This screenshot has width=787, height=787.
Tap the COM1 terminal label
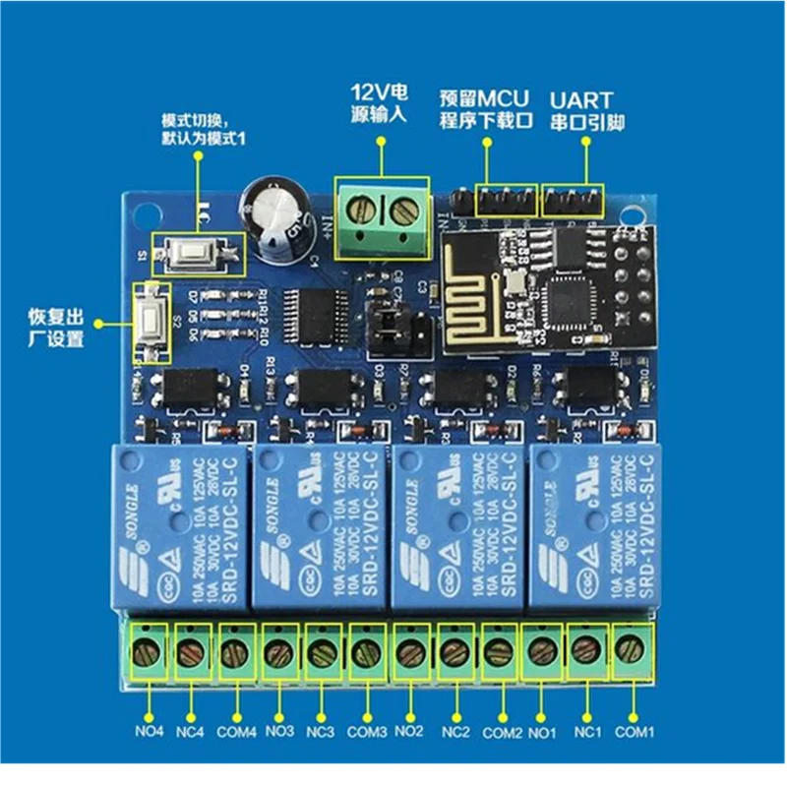point(635,732)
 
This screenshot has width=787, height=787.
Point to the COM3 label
point(367,732)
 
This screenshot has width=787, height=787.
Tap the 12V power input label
point(379,104)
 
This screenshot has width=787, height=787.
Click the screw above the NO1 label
point(542,649)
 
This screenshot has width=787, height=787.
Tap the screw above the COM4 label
point(233,650)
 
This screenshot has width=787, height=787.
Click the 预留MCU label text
point(483,98)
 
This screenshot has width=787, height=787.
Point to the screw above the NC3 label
point(321,650)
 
